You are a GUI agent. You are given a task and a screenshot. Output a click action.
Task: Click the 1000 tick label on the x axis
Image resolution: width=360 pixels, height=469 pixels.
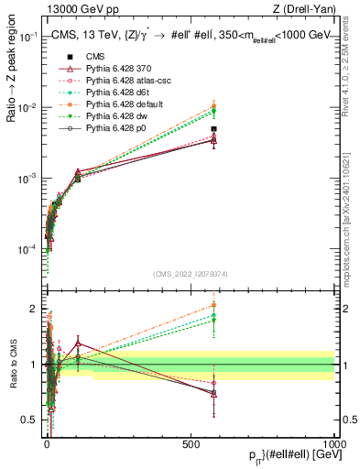click(334, 442)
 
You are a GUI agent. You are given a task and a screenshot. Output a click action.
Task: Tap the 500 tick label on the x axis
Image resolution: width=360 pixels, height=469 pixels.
click(191, 442)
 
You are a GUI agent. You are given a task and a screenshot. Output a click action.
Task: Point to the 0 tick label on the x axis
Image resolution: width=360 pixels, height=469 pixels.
click(47, 442)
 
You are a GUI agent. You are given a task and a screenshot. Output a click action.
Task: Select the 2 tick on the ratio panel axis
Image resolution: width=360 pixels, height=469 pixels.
click(35, 308)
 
